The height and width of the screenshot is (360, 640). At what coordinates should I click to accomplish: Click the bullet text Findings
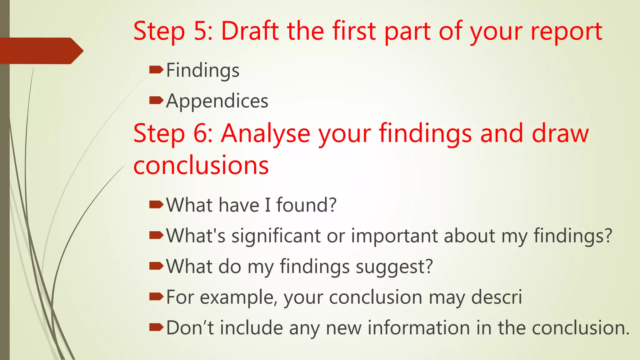click(x=203, y=71)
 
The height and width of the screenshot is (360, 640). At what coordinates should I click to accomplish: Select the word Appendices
click(x=217, y=101)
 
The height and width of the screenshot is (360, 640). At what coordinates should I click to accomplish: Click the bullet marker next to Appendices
click(x=156, y=100)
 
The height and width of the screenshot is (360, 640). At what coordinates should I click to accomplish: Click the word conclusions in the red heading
click(x=201, y=166)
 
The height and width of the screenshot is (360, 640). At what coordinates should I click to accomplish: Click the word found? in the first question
click(x=306, y=205)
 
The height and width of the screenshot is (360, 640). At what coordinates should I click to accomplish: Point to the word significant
click(x=276, y=236)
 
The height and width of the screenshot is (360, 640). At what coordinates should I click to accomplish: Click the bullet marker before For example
click(x=156, y=296)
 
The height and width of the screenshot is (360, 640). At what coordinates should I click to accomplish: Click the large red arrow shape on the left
click(x=41, y=51)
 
